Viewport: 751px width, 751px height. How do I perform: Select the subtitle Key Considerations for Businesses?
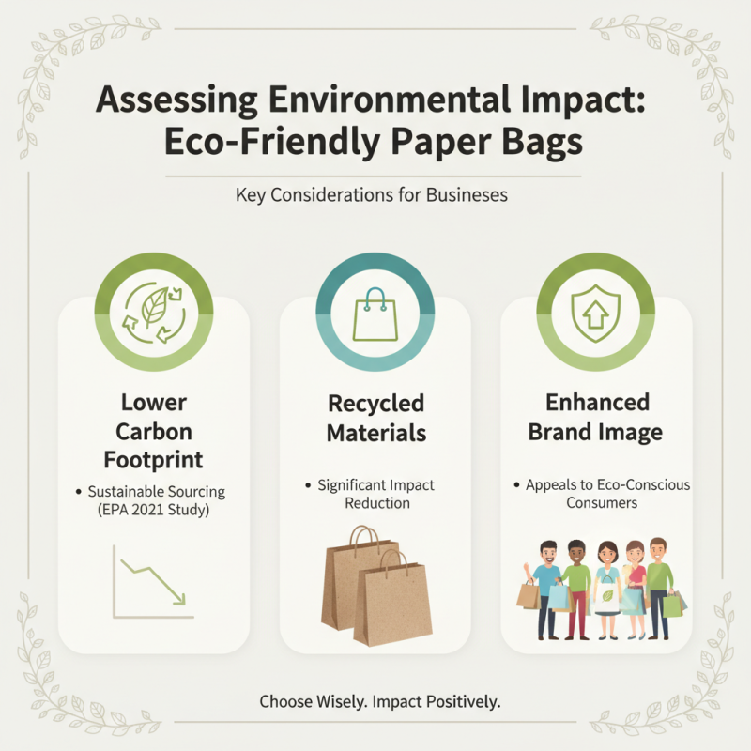click(x=375, y=196)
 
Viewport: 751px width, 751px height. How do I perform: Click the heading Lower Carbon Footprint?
click(x=154, y=432)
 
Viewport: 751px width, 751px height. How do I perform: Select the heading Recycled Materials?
click(x=375, y=418)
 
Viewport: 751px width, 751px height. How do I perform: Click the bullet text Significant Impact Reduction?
click(x=375, y=494)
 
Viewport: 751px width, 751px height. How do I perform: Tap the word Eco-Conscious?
click(x=647, y=485)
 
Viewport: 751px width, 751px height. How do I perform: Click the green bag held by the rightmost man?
click(x=672, y=605)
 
